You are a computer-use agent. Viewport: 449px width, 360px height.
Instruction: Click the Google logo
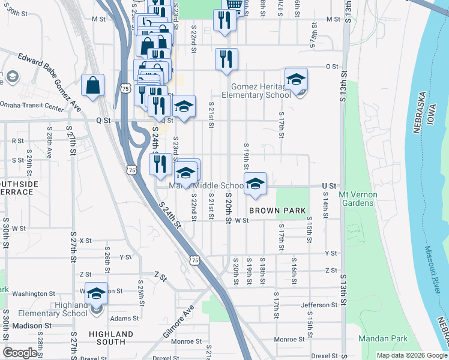[20, 353]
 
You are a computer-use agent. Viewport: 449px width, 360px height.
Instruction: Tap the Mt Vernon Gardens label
[356, 199]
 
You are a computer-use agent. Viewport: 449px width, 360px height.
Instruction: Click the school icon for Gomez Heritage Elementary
[296, 80]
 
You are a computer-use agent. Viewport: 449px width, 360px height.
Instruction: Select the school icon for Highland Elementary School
[96, 294]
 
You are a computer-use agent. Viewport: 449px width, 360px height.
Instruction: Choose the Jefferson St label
[319, 305]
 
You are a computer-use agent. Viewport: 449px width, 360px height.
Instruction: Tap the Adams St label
[124, 319]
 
